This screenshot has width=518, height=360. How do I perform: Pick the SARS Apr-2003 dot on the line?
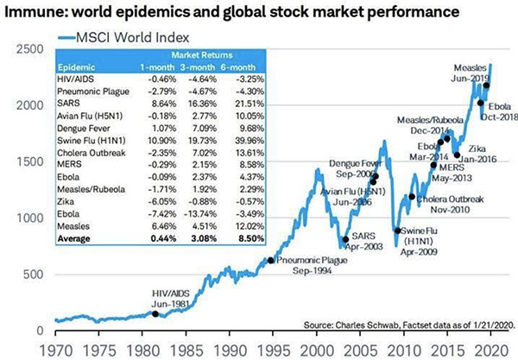345,240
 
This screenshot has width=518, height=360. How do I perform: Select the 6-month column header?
243,66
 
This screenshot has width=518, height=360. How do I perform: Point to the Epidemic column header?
78,66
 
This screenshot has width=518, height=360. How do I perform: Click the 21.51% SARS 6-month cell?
243,101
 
